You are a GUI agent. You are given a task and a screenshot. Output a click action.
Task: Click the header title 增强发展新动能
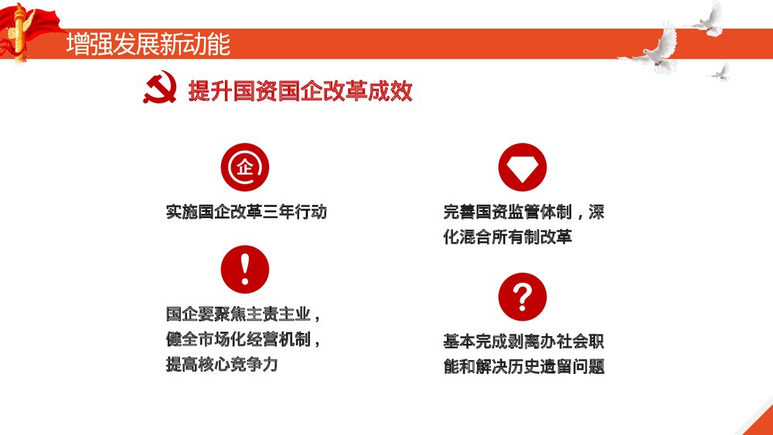148,44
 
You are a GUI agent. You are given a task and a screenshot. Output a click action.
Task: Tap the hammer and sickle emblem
160,90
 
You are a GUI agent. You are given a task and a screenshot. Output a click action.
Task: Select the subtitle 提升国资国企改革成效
300,91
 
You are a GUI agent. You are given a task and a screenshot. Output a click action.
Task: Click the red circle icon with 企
244,168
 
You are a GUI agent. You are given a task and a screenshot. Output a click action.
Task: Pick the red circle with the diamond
523,168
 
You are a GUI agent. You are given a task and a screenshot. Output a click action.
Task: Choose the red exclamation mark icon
244,269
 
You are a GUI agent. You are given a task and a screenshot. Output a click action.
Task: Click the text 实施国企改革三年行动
247,212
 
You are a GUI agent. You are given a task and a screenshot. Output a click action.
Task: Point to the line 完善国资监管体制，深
523,212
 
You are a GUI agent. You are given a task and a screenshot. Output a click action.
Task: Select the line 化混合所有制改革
507,237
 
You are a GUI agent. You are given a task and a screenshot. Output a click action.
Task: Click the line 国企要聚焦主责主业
242,314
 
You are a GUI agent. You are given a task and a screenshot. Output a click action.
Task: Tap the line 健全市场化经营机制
242,339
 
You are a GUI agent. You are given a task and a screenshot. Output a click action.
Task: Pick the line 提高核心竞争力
221,365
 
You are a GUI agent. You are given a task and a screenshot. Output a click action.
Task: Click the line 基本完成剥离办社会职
523,341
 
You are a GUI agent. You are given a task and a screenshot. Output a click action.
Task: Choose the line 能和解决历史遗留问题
523,366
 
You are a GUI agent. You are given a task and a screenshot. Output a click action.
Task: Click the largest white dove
654,48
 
